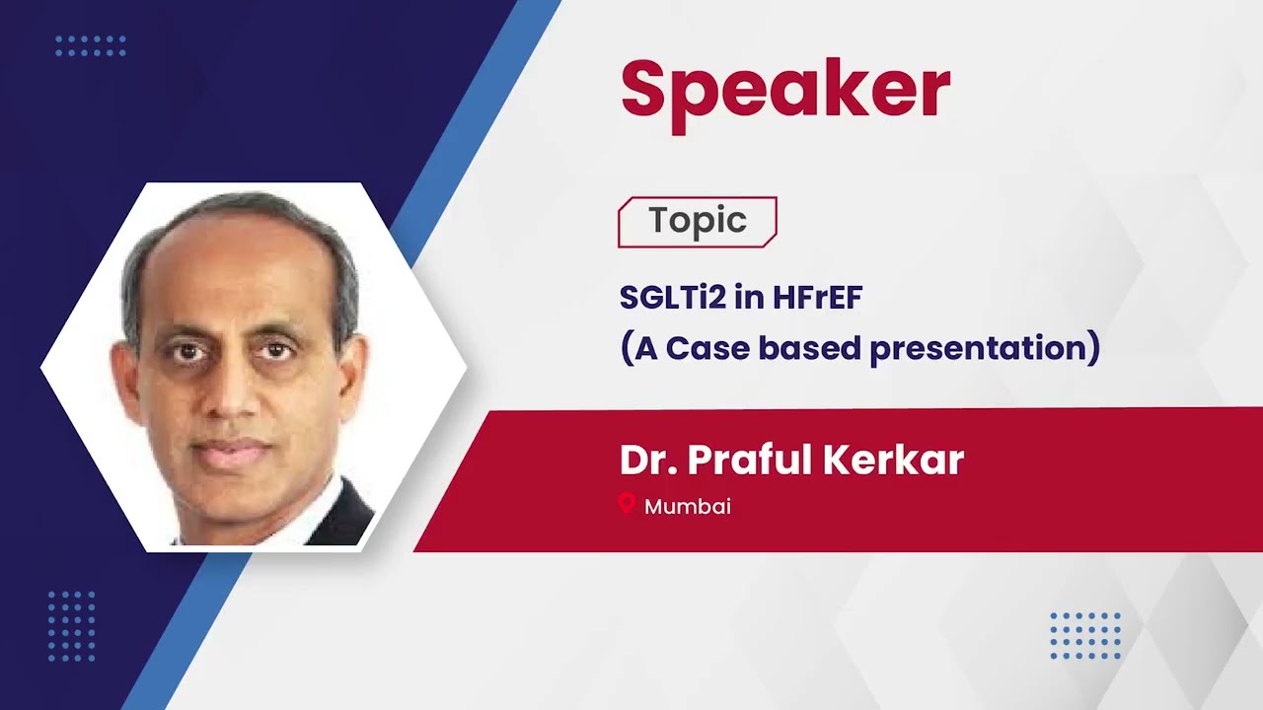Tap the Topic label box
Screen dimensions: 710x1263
pos(697,222)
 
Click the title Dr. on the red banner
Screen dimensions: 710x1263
pos(647,461)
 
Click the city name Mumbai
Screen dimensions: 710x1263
pos(687,507)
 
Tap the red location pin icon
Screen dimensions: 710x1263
pos(626,505)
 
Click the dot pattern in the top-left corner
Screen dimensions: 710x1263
pos(91,45)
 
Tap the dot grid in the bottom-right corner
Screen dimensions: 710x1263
pos(1085,636)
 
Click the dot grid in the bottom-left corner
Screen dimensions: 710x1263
pos(72,626)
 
